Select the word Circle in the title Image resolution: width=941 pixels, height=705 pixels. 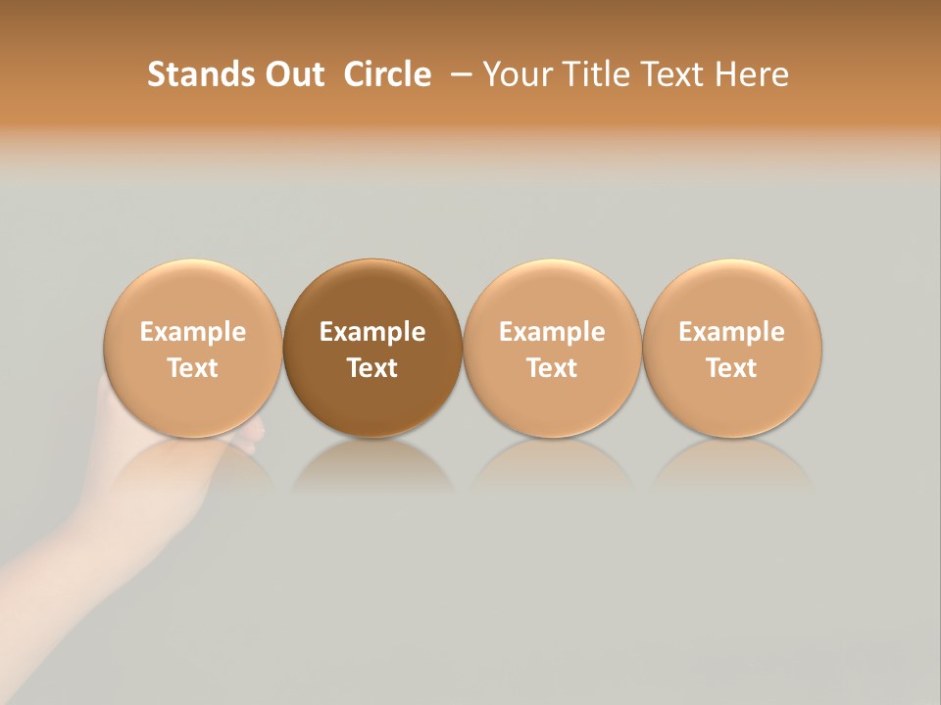[x=387, y=74]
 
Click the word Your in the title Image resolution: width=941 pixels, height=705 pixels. [x=516, y=74]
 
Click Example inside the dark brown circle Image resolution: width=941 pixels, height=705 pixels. [x=372, y=332]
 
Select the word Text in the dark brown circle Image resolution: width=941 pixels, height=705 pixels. [x=372, y=368]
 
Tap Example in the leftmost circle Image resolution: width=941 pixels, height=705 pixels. [x=192, y=332]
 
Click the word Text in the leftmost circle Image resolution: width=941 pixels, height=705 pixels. [x=192, y=368]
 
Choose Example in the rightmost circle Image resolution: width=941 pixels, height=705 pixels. [x=731, y=332]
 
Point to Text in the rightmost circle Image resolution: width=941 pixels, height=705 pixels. [x=731, y=368]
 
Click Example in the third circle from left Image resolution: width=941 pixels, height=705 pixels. [x=552, y=332]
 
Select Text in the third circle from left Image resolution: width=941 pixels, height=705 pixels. [x=552, y=368]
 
